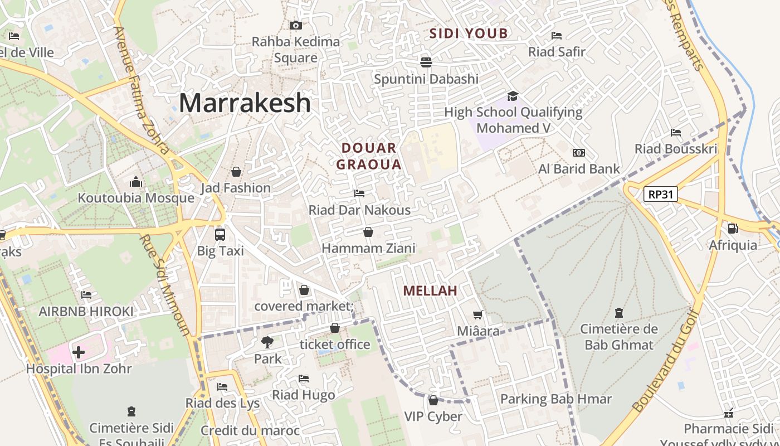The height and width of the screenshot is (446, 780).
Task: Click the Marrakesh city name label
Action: click(245, 103)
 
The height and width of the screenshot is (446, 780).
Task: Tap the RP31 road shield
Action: click(660, 194)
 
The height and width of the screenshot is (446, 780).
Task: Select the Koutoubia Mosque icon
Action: click(135, 182)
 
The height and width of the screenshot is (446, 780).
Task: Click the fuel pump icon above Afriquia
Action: click(733, 228)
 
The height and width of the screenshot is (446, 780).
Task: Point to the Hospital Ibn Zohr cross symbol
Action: click(79, 352)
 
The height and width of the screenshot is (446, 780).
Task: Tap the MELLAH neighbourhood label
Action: click(430, 290)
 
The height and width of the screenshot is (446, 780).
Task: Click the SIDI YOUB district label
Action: click(469, 33)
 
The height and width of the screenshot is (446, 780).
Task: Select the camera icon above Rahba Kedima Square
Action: click(296, 25)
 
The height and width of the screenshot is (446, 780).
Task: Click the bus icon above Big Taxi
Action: click(220, 234)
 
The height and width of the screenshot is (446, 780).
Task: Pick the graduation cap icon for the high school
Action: click(513, 96)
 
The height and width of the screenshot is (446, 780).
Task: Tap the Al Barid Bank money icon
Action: click(579, 153)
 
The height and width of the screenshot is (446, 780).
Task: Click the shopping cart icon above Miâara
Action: click(477, 315)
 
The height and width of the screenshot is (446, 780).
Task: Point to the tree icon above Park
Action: click(267, 342)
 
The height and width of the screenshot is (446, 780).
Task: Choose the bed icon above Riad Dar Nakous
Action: click(359, 193)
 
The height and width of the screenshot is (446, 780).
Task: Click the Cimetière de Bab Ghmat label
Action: click(618, 337)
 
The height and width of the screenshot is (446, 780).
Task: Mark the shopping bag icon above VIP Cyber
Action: click(433, 400)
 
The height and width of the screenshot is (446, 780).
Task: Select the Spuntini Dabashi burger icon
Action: click(426, 62)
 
